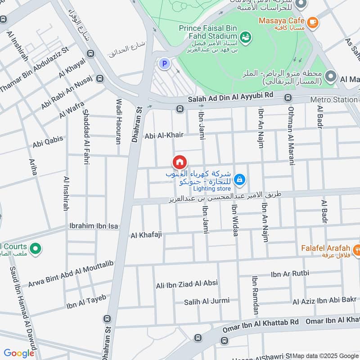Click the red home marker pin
click(x=179, y=162)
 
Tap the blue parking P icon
click(x=165, y=64)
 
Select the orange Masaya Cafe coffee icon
click(x=312, y=21)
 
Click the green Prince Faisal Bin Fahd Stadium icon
click(x=245, y=36)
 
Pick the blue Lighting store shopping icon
click(x=239, y=180)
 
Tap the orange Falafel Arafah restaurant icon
click(x=356, y=248)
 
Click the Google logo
click(x=19, y=353)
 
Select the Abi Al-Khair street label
click(x=165, y=135)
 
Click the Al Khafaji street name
click(x=146, y=235)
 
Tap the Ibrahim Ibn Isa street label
click(x=94, y=226)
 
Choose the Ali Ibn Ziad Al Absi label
click(x=187, y=283)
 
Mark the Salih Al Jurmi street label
click(x=207, y=301)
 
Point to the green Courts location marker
click(x=35, y=247)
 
